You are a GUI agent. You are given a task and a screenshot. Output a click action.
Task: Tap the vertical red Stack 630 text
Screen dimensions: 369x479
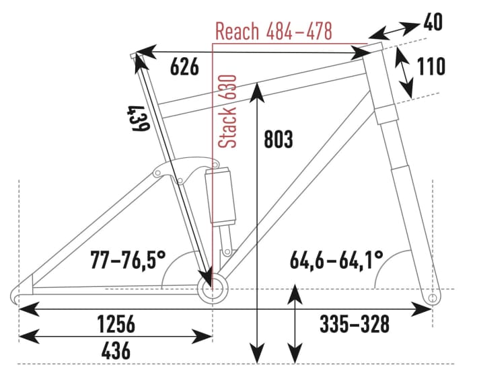pyautogui.click(x=230, y=111)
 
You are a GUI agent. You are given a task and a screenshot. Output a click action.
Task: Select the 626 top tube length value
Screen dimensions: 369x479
pyautogui.click(x=184, y=67)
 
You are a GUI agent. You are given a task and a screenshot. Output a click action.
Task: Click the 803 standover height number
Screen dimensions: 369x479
pyautogui.click(x=278, y=140)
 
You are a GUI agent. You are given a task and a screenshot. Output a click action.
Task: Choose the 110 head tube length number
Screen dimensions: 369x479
pyautogui.click(x=431, y=67)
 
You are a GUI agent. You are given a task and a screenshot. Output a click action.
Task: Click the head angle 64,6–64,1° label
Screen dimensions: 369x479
pyautogui.click(x=336, y=258)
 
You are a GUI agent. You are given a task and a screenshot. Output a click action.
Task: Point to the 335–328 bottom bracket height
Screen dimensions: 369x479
pyautogui.click(x=353, y=324)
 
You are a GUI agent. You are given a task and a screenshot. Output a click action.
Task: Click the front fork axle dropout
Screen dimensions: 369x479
pyautogui.click(x=432, y=296)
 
